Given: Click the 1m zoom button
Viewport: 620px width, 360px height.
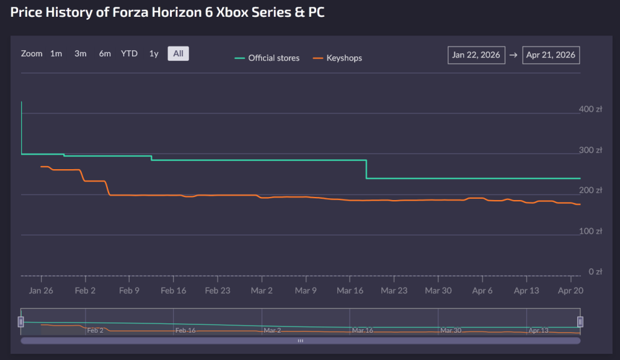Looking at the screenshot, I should (56, 54).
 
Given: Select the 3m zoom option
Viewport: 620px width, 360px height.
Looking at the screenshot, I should (81, 54).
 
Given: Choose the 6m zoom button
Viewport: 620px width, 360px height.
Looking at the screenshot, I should (105, 54).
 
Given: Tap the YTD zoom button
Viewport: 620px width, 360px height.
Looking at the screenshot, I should (129, 54).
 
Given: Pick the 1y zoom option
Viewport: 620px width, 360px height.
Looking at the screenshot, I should (154, 54).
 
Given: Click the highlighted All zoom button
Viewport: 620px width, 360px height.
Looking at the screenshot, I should (178, 54).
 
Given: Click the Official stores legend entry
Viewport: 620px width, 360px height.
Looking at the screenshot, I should (267, 58).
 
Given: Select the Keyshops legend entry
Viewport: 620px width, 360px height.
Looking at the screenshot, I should (337, 58).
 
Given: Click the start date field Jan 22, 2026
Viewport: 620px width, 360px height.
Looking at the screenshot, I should (476, 55).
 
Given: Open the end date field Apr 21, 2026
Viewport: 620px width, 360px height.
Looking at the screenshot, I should (551, 55).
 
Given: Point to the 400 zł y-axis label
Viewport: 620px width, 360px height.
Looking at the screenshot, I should (591, 109).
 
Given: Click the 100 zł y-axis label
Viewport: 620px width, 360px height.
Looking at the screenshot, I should (591, 231).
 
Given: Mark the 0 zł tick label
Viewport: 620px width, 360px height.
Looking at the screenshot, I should (595, 271).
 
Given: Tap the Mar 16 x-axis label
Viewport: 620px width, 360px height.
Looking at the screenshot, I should (350, 291).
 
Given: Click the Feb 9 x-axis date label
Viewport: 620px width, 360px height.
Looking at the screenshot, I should (130, 291).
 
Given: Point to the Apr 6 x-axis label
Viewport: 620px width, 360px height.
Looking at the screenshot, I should (482, 291).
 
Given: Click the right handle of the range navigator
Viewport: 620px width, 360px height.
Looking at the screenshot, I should (580, 322).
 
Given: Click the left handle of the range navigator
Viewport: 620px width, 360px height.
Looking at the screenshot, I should (21, 322).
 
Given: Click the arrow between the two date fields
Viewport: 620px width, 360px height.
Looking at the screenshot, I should (514, 55).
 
